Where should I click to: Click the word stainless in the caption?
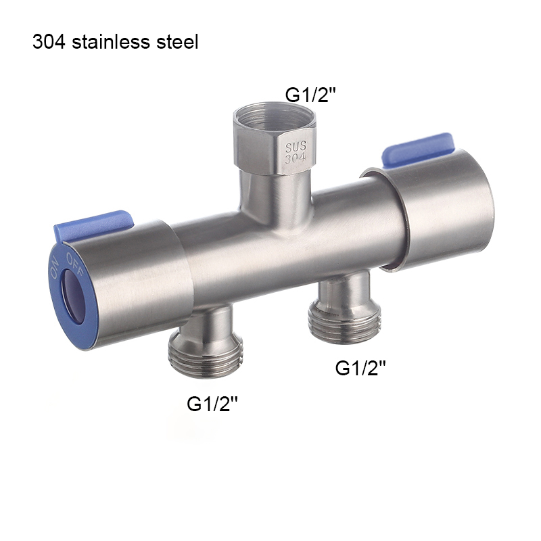pyautogui.click(x=114, y=42)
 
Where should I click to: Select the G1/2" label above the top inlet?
pyautogui.click(x=310, y=95)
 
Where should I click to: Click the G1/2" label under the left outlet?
pyautogui.click(x=212, y=404)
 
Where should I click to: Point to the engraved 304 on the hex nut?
pyautogui.click(x=296, y=159)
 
